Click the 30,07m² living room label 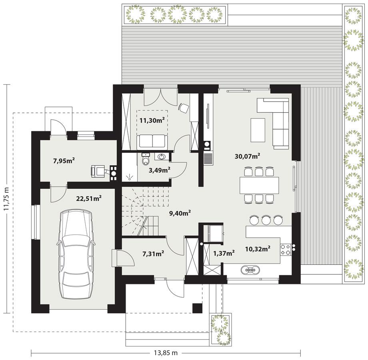pyautogui.click(x=248, y=156)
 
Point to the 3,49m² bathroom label pyautogui.click(x=160, y=170)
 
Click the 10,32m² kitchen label pyautogui.click(x=258, y=249)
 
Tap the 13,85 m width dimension pyautogui.click(x=165, y=353)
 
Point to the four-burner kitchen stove pyautogui.click(x=285, y=250)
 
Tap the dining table pyautogui.click(x=259, y=185)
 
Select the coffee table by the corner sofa pyautogui.click(x=258, y=130)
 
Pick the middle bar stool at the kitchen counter pyautogui.click(x=266, y=219)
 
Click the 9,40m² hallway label pyautogui.click(x=179, y=213)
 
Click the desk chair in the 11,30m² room pyautogui.click(x=184, y=108)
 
